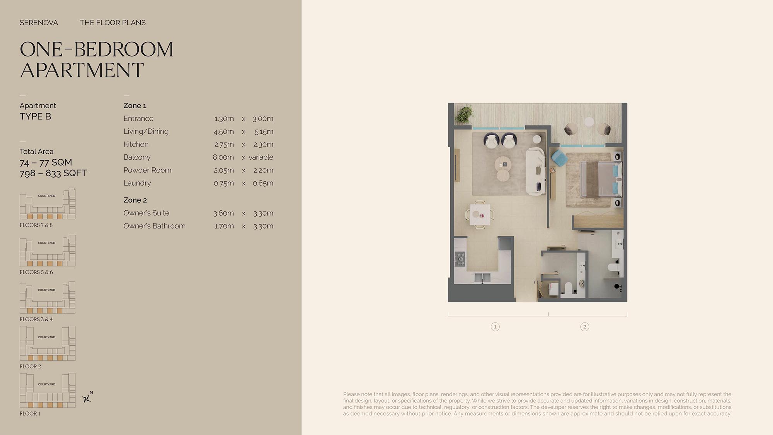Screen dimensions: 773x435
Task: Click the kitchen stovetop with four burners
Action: coord(460,259)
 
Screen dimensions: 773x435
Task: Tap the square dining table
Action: coord(480,215)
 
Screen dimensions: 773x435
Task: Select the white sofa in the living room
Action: coord(536,171)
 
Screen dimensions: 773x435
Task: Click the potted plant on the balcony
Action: coord(464,114)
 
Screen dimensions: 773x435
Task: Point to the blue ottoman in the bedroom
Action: coord(558,158)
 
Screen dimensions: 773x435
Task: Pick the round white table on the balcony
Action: coord(589,121)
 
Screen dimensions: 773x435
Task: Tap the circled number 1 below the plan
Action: coord(495,327)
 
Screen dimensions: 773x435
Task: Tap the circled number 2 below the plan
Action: coord(584,327)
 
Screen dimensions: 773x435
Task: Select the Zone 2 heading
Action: coord(135,200)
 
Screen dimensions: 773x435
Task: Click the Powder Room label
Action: coord(147,170)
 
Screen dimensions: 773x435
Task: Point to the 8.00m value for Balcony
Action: coord(223,157)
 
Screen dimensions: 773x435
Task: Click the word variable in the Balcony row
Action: coord(261,157)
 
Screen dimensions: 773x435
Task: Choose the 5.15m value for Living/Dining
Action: coord(264,131)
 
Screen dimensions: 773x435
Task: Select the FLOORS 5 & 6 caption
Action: coord(36,272)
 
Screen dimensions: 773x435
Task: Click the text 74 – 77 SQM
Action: coord(46,162)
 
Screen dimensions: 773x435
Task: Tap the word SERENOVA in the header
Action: coord(39,23)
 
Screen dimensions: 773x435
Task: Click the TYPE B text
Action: coord(35,116)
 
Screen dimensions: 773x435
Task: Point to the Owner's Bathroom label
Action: coord(154,226)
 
